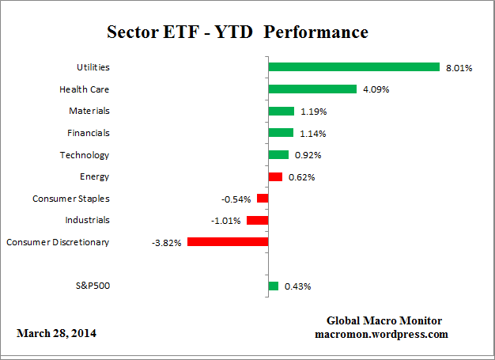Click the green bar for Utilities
pyautogui.click(x=353, y=67)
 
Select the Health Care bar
pyautogui.click(x=312, y=89)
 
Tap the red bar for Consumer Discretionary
pyautogui.click(x=228, y=242)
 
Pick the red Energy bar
pyautogui.click(x=275, y=176)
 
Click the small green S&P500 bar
pyautogui.click(x=273, y=286)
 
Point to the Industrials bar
pyautogui.click(x=257, y=220)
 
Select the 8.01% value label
pyautogui.click(x=459, y=68)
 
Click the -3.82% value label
pyautogui.click(x=167, y=243)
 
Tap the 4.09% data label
pyautogui.click(x=376, y=90)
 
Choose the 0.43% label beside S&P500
pyautogui.click(x=297, y=286)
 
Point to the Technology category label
pyautogui.click(x=84, y=155)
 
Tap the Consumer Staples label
pyautogui.click(x=71, y=199)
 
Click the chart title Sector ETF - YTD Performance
pyautogui.click(x=237, y=33)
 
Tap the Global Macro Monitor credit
pyautogui.click(x=384, y=320)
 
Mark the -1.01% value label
pyautogui.click(x=226, y=221)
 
